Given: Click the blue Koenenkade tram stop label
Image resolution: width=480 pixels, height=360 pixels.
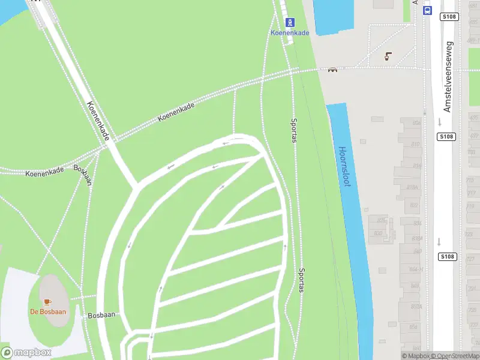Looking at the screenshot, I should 290,33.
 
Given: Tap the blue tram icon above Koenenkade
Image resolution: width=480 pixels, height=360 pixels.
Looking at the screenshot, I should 290,22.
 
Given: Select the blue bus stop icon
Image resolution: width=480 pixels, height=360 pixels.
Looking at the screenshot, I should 427,11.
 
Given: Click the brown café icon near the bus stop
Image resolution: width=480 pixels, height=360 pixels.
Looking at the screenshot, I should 388,56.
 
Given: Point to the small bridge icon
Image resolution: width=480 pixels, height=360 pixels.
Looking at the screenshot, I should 332,70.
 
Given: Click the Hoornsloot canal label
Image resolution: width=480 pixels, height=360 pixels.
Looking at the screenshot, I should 344,167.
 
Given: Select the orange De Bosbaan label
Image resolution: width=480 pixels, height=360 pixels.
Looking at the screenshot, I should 48,311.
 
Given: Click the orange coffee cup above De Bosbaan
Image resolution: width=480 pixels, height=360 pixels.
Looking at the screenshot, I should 48,301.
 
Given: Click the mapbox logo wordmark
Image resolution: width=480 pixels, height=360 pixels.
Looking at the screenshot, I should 26,353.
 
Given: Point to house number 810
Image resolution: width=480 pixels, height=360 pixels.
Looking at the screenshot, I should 415,145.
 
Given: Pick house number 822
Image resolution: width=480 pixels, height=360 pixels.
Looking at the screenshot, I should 414,205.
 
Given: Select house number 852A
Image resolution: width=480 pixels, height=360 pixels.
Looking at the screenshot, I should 416,306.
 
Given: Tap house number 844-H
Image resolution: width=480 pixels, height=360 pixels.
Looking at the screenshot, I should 416,269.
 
